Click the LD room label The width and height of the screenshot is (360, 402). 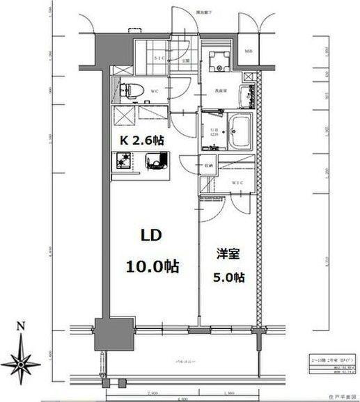[152, 236]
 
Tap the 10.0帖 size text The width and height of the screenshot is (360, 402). [152, 266]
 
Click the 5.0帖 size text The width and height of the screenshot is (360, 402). [228, 278]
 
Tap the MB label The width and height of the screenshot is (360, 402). [249, 51]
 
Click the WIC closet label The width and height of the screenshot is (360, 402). [237, 182]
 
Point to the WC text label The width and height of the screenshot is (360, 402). [155, 90]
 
